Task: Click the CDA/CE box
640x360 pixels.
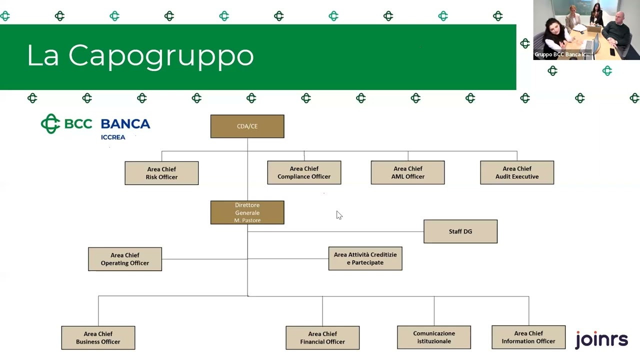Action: click(247, 126)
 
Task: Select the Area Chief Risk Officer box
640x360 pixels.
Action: click(161, 173)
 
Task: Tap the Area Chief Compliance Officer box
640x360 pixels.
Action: click(304, 172)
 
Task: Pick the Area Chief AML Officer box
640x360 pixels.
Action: click(407, 172)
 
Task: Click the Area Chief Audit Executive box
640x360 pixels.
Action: click(517, 172)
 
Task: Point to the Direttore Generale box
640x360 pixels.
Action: click(247, 212)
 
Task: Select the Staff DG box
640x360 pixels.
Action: click(460, 231)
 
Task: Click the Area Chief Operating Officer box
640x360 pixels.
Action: click(125, 259)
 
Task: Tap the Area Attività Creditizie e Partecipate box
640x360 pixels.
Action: click(365, 258)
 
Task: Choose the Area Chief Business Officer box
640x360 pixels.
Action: click(98, 337)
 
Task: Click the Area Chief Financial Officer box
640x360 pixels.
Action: click(322, 337)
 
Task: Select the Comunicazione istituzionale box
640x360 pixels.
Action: click(434, 337)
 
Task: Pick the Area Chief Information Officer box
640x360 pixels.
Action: click(528, 337)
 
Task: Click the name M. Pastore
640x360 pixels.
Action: click(247, 220)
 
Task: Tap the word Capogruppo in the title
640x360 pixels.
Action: click(161, 55)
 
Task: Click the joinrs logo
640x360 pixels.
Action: click(601, 340)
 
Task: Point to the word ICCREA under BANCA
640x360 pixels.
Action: click(113, 137)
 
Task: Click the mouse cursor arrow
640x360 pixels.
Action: click(339, 215)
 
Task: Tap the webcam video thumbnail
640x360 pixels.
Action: click(586, 30)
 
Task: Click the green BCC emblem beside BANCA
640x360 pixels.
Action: click(50, 123)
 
